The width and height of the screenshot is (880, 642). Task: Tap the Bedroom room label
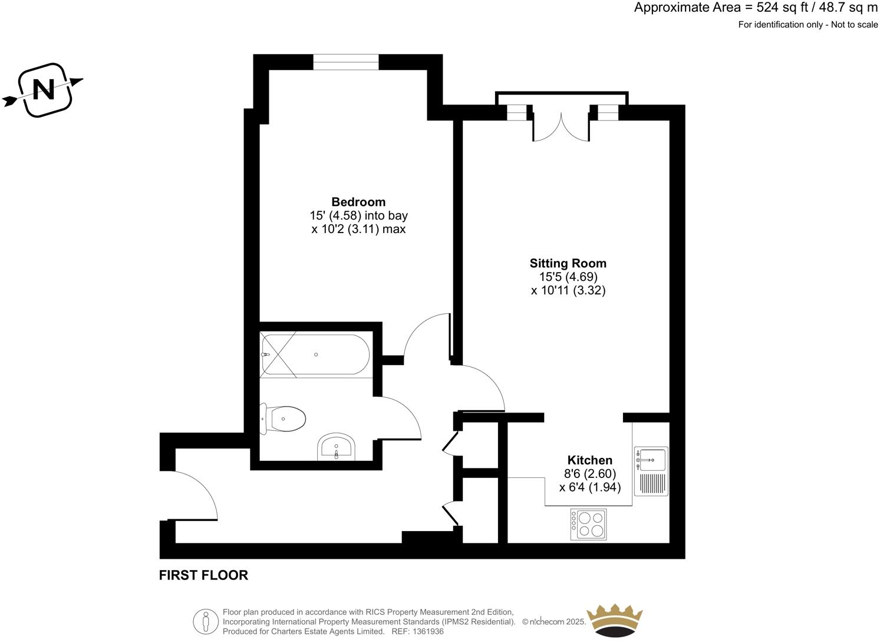(x=358, y=202)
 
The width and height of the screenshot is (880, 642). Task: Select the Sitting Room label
(x=568, y=263)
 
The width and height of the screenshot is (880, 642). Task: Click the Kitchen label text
(x=589, y=460)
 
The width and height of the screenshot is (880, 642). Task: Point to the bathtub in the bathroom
(x=316, y=355)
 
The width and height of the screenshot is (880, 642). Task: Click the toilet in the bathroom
(x=284, y=419)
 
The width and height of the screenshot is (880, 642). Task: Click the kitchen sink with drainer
(x=651, y=471)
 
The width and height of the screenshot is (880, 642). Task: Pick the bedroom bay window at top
(x=346, y=62)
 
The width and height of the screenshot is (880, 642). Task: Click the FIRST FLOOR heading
(x=203, y=575)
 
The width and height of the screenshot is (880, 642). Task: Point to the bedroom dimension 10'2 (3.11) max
(x=358, y=229)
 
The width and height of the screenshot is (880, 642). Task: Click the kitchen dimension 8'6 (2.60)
(x=589, y=473)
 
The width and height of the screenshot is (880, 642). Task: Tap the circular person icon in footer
(x=206, y=621)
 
